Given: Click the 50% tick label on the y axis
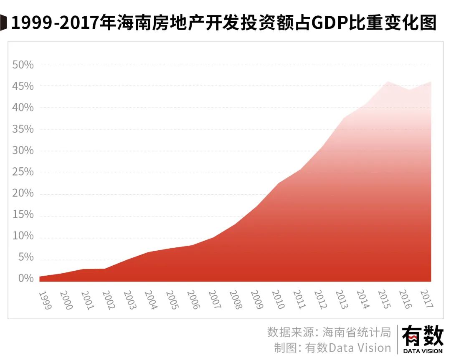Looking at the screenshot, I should pos(23,65).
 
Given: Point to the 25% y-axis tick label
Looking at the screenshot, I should pos(23,172).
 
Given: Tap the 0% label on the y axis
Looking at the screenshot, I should pos(25,279).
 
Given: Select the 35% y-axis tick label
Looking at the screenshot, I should pos(23,129).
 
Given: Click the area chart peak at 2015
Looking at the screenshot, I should pos(388,82).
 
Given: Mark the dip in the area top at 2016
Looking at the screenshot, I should pos(409,90).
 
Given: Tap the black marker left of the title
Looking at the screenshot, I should pos(4,23).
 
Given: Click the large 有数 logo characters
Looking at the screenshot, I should pos(423,336).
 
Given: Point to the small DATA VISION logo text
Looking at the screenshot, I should pos(423,351).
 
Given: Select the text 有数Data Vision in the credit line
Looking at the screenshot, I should pos(348,347).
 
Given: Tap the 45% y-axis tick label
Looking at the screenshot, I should pos(23,86).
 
